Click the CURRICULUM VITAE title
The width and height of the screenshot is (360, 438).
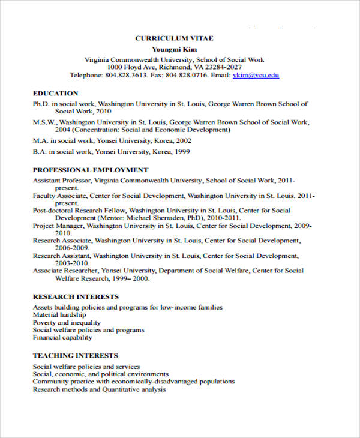click(174, 38)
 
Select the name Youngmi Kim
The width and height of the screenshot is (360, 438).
click(174, 49)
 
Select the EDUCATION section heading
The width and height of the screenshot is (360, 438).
click(55, 94)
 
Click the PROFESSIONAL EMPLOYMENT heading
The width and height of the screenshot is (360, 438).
click(91, 170)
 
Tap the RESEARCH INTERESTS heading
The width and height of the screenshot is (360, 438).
click(76, 297)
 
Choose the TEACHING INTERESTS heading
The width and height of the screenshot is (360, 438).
click(75, 355)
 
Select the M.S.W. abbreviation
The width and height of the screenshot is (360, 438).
click(44, 122)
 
